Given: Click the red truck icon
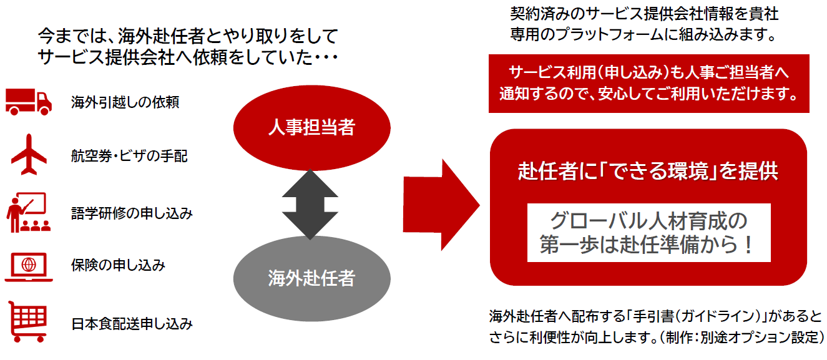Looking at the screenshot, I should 28,101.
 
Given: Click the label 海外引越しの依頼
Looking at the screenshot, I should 125,102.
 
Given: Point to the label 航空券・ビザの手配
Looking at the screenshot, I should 129,157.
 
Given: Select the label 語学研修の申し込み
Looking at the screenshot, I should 132,213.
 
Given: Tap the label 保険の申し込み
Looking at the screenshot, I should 118,266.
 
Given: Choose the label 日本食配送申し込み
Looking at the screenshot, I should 132,324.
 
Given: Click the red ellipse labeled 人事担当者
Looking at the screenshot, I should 311,128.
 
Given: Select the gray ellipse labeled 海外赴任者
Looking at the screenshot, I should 311,278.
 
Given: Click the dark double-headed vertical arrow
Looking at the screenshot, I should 310,203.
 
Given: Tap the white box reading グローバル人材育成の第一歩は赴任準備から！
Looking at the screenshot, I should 648,233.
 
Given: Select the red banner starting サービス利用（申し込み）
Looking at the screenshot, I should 648,84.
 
